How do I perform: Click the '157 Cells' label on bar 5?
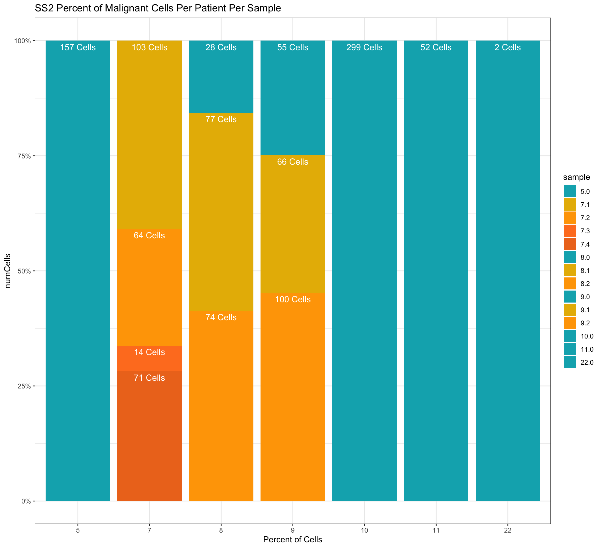[78, 48]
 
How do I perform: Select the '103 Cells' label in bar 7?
[149, 48]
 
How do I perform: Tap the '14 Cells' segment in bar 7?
[149, 358]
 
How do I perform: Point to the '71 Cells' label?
[149, 378]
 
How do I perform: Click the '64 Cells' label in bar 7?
[149, 235]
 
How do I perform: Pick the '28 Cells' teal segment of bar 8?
[221, 76]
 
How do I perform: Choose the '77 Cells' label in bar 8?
[221, 120]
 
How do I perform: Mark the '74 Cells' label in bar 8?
[221, 317]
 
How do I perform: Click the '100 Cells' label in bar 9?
[293, 300]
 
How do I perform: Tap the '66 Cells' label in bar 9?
[293, 162]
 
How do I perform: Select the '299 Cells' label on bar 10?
[364, 48]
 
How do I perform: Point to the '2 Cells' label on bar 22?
[508, 48]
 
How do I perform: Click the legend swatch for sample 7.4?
[570, 244]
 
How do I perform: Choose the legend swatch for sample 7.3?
[570, 231]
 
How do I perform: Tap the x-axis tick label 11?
[436, 531]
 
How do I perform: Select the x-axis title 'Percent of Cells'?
[293, 539]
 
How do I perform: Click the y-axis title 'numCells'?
[8, 271]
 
